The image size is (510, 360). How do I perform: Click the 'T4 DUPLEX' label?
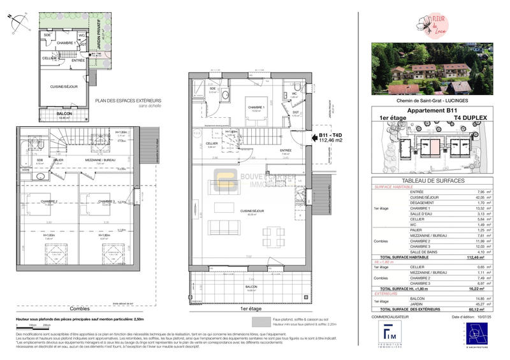click(469, 117)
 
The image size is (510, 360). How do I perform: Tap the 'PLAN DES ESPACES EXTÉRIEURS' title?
click(128, 101)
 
